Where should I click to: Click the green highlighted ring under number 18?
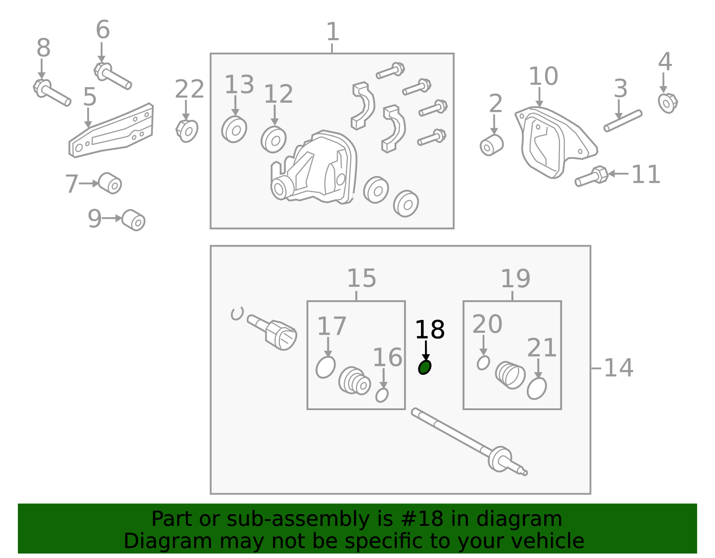click(x=425, y=367)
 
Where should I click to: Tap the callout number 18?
click(x=430, y=329)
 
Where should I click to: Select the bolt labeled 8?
click(x=52, y=92)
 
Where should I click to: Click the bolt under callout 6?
click(x=113, y=76)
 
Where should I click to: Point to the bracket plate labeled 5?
click(x=111, y=130)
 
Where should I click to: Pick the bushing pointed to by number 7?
click(x=110, y=183)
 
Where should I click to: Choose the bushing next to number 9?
click(x=133, y=220)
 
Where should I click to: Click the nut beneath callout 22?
click(x=187, y=131)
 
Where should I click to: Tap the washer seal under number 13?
click(x=234, y=129)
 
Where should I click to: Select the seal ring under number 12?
click(x=273, y=139)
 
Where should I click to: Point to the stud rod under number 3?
click(x=623, y=121)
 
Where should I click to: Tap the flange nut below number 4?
click(x=668, y=103)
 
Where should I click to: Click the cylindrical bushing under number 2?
click(x=492, y=145)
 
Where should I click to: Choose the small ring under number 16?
click(x=382, y=395)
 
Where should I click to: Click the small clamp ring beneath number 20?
click(x=484, y=363)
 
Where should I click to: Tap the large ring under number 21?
click(x=537, y=388)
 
